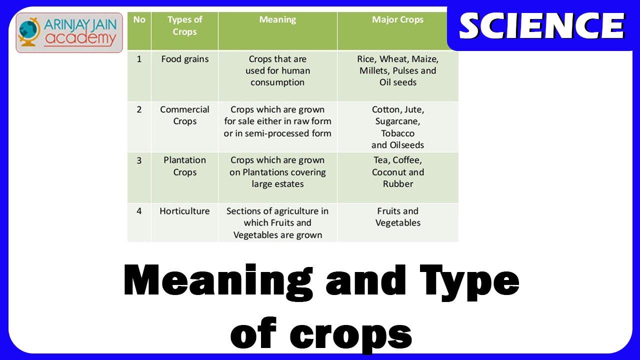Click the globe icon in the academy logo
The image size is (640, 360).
(28, 31)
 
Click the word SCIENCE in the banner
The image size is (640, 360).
(542, 26)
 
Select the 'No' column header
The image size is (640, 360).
(139, 19)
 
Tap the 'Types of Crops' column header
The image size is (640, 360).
(184, 25)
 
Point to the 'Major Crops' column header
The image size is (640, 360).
(397, 19)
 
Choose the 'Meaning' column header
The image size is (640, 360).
(277, 20)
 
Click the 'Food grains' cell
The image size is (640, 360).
(185, 59)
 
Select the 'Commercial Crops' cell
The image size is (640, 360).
(184, 115)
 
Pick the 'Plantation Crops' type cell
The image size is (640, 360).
(184, 166)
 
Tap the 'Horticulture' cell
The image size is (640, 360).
(184, 211)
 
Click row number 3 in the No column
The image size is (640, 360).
(139, 160)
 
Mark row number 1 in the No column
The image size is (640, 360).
(139, 59)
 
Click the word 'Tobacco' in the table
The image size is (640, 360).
(397, 133)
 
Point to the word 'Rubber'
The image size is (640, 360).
(397, 184)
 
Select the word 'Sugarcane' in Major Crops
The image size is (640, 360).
(396, 121)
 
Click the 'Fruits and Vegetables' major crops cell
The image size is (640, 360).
(397, 217)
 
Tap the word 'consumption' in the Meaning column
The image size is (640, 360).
(277, 83)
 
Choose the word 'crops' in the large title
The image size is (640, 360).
(351, 335)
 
